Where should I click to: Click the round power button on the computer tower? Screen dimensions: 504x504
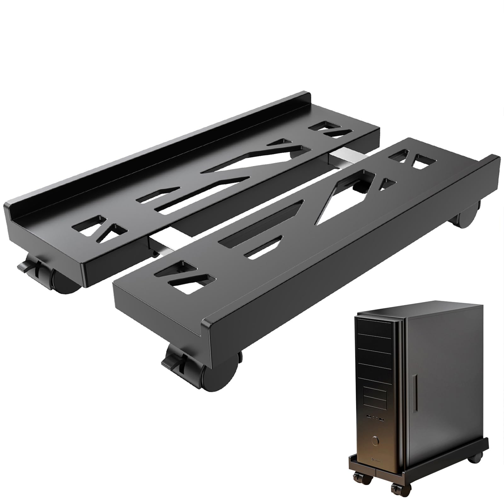pyautogui.click(x=375, y=440)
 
